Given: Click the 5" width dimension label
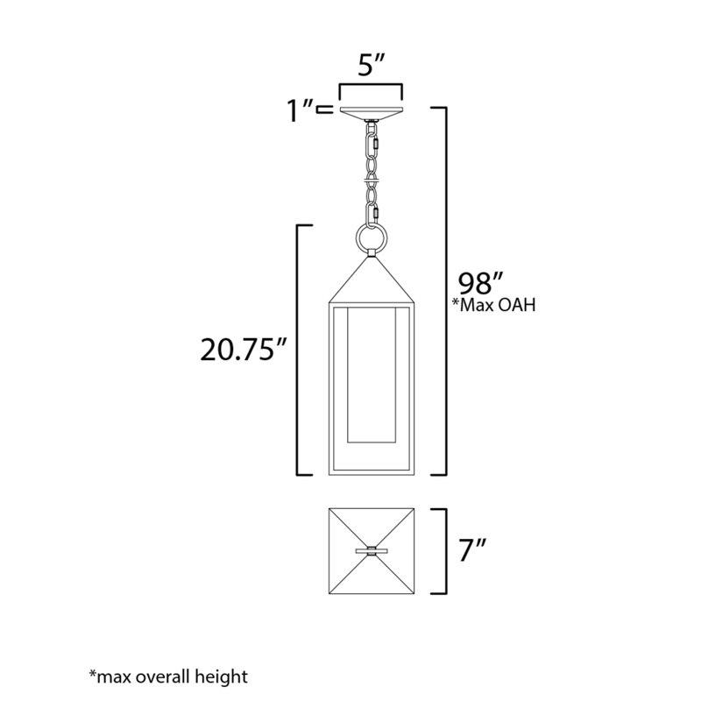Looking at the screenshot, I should click(x=371, y=67).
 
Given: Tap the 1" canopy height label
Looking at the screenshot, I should click(x=300, y=111).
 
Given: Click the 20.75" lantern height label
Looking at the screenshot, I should click(x=241, y=351).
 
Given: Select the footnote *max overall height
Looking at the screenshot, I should click(x=168, y=676).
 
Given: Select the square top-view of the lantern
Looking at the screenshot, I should click(x=371, y=551).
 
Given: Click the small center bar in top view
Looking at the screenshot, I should click(x=371, y=551).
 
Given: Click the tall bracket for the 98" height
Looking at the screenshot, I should click(x=447, y=289).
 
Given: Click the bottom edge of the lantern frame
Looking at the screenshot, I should click(x=370, y=473).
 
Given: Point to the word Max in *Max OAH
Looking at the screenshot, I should click(x=480, y=307).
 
